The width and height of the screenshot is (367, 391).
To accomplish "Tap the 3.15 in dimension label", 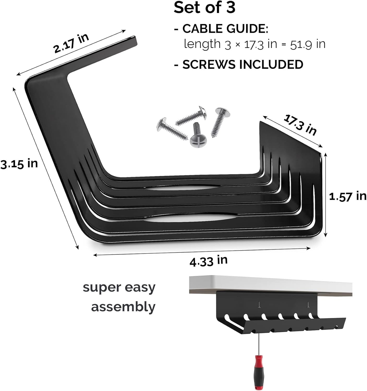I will coord(19,164).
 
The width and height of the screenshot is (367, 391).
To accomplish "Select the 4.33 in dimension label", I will coord(208,261).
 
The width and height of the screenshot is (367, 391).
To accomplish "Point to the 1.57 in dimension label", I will coord(347,196).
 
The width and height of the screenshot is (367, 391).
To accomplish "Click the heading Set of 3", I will coord(204,8).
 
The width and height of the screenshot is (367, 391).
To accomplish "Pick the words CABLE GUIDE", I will coord(225,29).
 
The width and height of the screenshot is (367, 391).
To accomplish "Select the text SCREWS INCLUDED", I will coord(243,65).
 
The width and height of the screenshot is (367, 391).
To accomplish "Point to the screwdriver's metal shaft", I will coord(258,344).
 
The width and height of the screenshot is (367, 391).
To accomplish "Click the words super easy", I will coord(119,288).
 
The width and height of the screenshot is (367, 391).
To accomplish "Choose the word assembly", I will coord(123,307).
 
